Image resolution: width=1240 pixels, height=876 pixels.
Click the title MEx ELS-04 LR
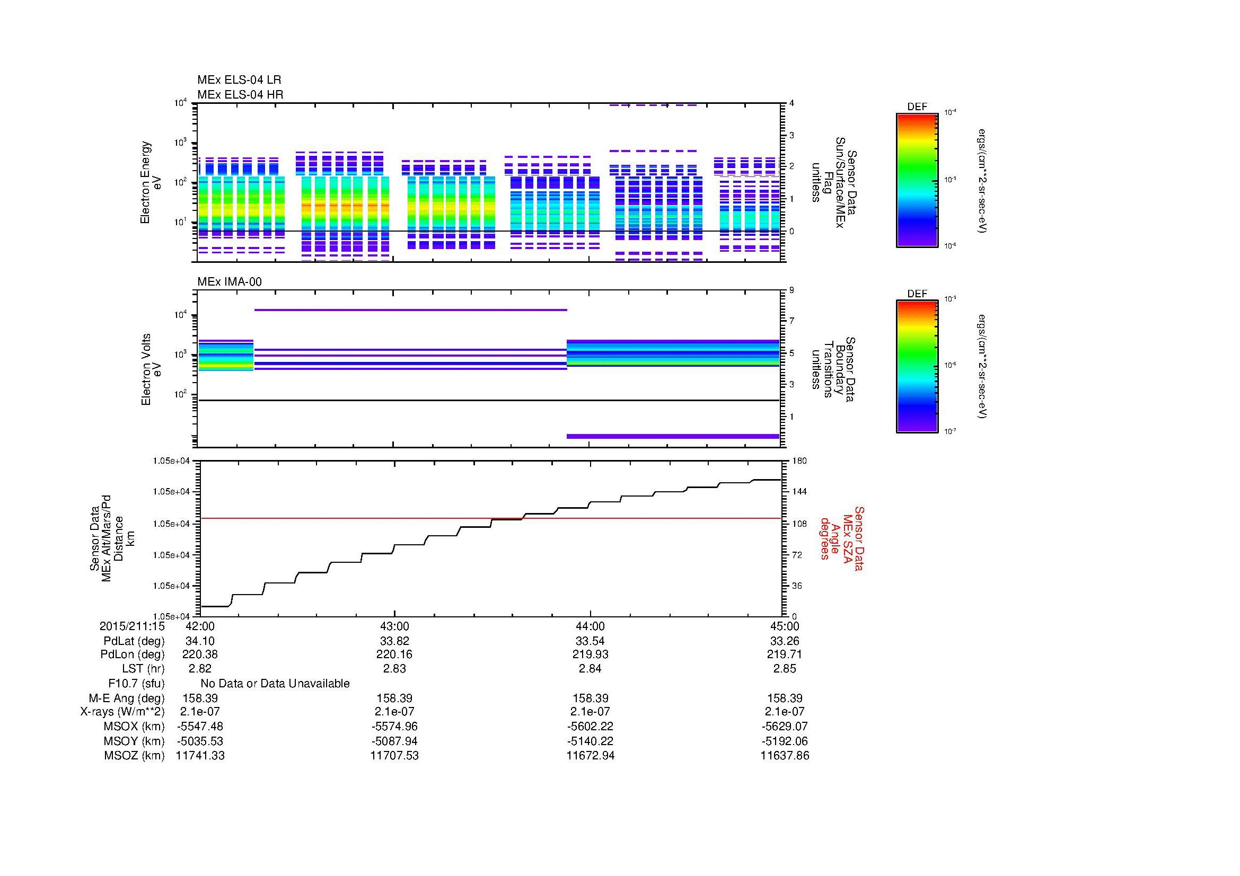(239, 80)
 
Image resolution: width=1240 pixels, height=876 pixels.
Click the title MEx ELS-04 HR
(240, 94)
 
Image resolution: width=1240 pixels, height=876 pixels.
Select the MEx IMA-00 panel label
(230, 282)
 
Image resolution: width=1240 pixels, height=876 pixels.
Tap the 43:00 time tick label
(395, 626)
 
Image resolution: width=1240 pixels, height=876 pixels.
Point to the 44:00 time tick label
(590, 626)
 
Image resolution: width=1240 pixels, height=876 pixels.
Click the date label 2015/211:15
(133, 626)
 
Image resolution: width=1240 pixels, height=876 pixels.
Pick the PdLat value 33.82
(395, 641)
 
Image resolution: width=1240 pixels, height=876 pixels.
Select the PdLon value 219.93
(590, 654)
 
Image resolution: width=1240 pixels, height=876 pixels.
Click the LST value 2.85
(785, 669)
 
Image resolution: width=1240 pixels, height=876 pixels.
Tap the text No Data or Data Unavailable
(275, 684)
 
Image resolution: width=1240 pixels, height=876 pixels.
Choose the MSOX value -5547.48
(200, 727)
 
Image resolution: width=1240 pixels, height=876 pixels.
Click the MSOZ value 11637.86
(785, 756)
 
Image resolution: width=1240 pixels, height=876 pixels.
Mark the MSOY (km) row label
(135, 741)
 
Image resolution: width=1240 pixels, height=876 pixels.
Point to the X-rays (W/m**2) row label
(122, 712)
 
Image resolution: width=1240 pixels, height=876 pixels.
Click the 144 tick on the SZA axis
(799, 492)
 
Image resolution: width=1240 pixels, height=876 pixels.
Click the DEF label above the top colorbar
(917, 107)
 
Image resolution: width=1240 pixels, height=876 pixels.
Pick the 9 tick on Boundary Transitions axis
(792, 290)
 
